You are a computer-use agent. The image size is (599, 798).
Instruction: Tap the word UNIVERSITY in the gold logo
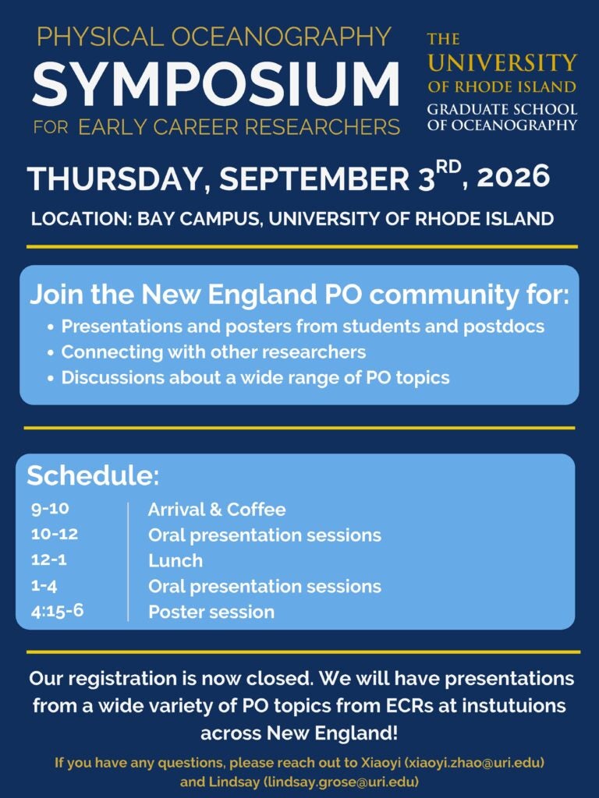[502, 62]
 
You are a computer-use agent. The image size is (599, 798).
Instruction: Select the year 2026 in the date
[513, 177]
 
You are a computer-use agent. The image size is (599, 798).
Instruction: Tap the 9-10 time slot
[50, 508]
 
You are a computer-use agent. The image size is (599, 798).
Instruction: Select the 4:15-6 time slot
[57, 611]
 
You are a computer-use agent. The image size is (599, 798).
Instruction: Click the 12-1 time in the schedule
[49, 560]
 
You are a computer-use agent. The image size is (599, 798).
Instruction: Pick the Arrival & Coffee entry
[217, 510]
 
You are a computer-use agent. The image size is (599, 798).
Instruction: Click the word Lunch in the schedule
[175, 561]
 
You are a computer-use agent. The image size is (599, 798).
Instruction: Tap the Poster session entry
[211, 612]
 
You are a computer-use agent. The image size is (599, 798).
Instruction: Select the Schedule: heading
[93, 475]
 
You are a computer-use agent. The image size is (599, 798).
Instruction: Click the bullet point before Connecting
[51, 353]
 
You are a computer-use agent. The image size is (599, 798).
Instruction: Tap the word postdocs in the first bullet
[504, 327]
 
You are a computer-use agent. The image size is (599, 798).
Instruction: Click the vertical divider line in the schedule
[128, 561]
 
